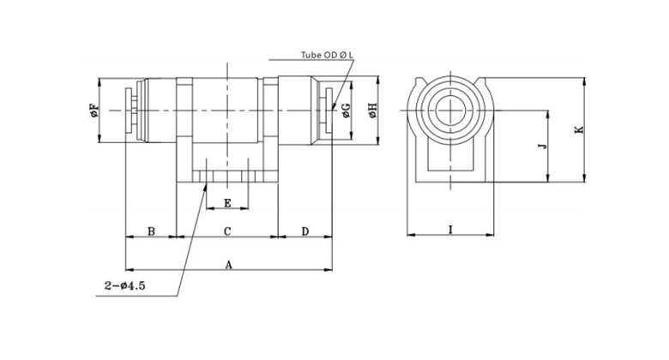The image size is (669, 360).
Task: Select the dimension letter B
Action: [151, 231]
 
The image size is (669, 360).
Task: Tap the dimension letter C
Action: [227, 231]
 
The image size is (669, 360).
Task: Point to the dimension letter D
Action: [305, 231]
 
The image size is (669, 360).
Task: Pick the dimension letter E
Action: [227, 203]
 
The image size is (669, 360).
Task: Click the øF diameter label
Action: [93, 111]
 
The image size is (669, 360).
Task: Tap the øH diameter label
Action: [371, 111]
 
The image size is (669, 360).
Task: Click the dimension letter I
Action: [451, 230]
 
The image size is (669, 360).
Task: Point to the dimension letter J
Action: [541, 147]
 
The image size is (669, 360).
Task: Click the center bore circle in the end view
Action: [451, 111]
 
